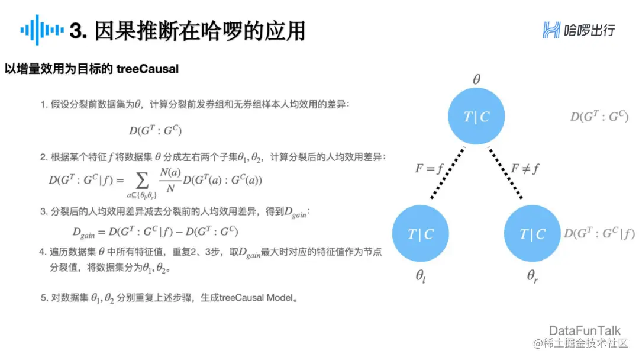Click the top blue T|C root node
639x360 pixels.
pos(476,117)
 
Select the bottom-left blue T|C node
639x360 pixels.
pos(421,234)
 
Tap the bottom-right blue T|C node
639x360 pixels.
pos(532,234)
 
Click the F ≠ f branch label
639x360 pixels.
pos(525,169)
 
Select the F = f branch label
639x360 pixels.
pos(429,169)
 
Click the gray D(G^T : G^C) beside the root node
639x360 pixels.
pos(599,117)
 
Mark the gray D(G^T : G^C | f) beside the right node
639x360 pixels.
pos(599,233)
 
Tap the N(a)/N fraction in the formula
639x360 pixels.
pos(170,179)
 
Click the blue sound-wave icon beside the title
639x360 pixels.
pos(41,30)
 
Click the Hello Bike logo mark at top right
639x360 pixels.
pos(551,30)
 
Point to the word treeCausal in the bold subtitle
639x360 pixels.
pos(151,69)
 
